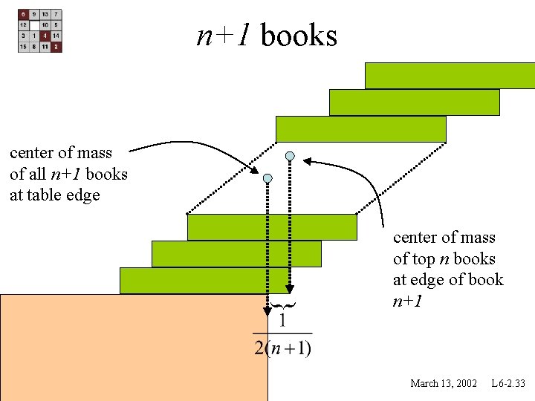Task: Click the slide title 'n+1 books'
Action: pyautogui.click(x=267, y=35)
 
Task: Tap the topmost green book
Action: pyautogui.click(x=450, y=75)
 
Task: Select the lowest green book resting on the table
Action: pyautogui.click(x=205, y=281)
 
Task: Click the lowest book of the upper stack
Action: pyautogui.click(x=360, y=128)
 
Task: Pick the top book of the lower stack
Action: pyautogui.click(x=272, y=227)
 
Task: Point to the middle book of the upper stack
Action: pyautogui.click(x=414, y=102)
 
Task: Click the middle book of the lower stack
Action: pyautogui.click(x=236, y=254)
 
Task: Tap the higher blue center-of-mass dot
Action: pyautogui.click(x=291, y=157)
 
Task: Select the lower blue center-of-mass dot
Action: pyautogui.click(x=267, y=178)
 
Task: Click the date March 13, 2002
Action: pyautogui.click(x=444, y=383)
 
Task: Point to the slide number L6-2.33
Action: pyautogui.click(x=508, y=383)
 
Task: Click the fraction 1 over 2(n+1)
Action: pyautogui.click(x=282, y=335)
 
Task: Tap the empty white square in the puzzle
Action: pyautogui.click(x=34, y=25)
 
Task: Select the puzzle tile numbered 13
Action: pyautogui.click(x=45, y=14)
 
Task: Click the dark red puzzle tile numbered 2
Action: pyautogui.click(x=56, y=47)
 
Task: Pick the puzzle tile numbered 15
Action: pyautogui.click(x=24, y=47)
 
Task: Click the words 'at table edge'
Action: pyautogui.click(x=54, y=196)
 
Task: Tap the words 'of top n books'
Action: pyautogui.click(x=444, y=259)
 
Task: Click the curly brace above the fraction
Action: pyautogui.click(x=282, y=305)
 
